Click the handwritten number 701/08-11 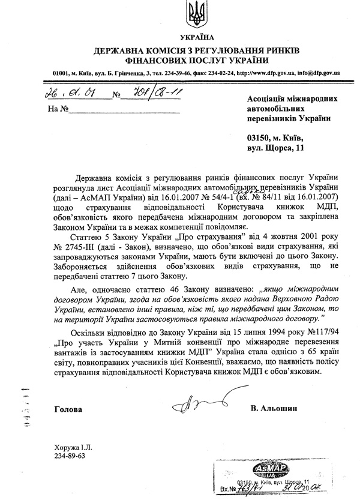click(147, 94)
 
